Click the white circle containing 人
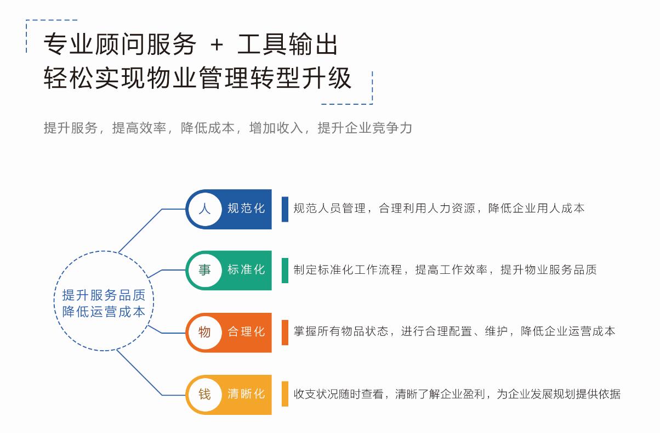205,209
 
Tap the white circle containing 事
205,270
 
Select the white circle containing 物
205,333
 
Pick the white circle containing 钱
205,395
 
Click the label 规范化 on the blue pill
246,209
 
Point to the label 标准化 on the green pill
246,269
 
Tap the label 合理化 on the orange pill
246,332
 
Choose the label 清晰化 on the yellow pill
246,394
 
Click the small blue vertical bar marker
285,209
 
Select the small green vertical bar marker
285,271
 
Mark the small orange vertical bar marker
285,333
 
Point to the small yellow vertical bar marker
285,394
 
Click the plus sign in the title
217,46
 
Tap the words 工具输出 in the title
288,44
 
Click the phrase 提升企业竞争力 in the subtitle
365,128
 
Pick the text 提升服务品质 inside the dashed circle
104,295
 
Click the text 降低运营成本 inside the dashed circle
104,312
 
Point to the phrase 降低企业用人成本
536,209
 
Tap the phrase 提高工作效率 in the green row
451,270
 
